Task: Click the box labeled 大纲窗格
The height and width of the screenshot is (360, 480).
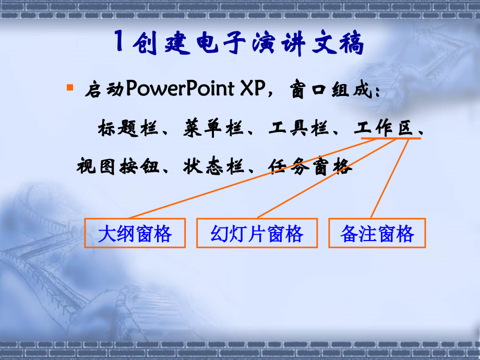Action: [x=135, y=233]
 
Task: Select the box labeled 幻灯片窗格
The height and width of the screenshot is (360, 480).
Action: [x=257, y=233]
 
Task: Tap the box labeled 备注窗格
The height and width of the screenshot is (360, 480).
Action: [x=377, y=233]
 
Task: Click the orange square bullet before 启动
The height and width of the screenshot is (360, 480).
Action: [x=69, y=86]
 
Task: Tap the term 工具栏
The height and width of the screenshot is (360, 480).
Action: [x=298, y=128]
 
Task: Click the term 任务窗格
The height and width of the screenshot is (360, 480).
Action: [x=310, y=167]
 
